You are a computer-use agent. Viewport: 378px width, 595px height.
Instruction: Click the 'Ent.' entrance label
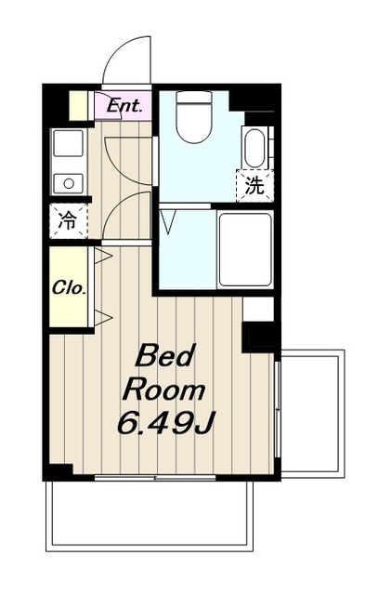[124, 106]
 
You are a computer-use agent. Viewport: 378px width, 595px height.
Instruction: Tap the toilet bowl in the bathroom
[194, 122]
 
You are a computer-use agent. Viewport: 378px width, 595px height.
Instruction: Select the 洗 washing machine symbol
[254, 186]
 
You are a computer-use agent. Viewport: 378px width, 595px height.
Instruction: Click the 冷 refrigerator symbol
[68, 222]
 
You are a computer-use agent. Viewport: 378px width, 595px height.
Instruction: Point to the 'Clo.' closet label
[69, 287]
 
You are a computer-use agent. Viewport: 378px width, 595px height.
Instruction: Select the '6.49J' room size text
[165, 424]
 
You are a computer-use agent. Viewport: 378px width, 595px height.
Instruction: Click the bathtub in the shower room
[245, 248]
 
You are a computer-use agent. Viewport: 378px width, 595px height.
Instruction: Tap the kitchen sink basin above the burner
[68, 144]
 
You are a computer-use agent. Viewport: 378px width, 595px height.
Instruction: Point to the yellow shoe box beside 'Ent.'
[81, 105]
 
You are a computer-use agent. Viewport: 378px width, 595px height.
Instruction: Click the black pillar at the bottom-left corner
[58, 471]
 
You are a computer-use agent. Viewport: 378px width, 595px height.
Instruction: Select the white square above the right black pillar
[258, 309]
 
